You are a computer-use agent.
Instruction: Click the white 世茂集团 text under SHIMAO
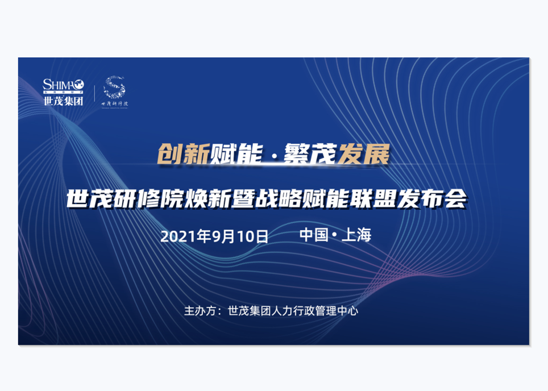(63, 101)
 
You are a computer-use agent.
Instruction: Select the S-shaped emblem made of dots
(115, 87)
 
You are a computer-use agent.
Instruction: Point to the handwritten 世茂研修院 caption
(114, 105)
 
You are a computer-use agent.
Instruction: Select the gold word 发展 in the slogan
(364, 154)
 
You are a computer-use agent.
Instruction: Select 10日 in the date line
(253, 236)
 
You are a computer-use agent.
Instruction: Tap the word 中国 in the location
(314, 235)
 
